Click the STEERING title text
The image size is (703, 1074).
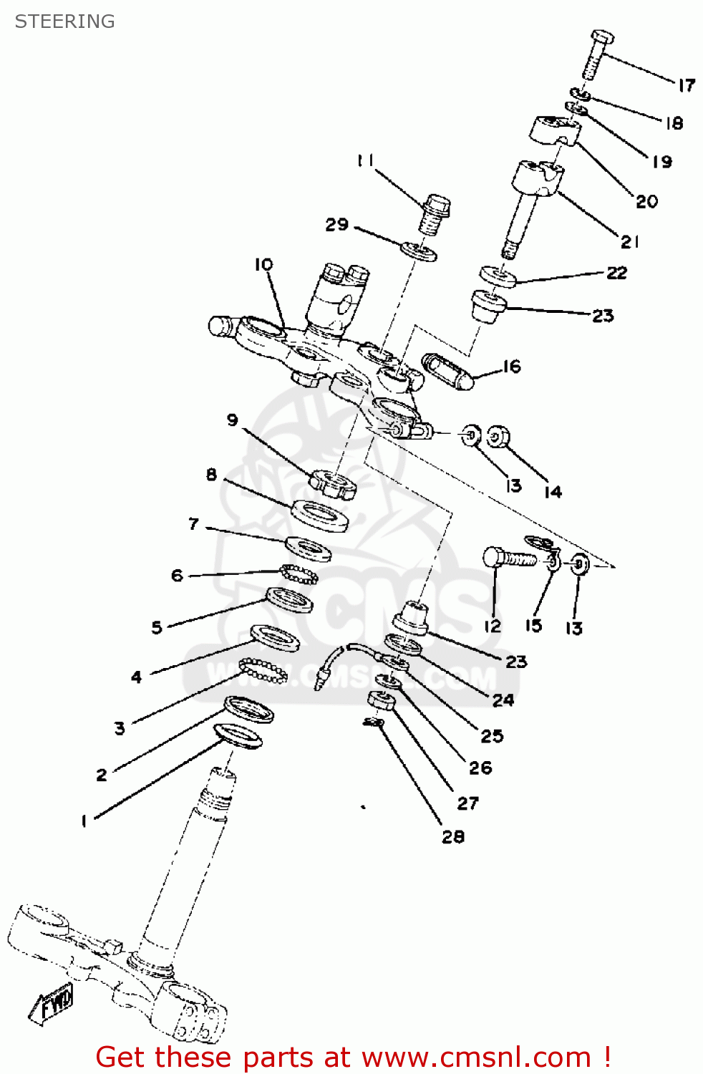point(64,21)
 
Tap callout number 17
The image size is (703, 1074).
point(686,85)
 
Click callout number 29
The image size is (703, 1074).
point(336,225)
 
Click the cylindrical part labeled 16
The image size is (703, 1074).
point(448,371)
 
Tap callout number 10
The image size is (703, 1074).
point(263,264)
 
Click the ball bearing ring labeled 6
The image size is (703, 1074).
point(299,574)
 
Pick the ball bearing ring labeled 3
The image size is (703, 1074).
point(263,671)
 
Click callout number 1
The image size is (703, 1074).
point(84,821)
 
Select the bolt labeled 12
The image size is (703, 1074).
point(509,558)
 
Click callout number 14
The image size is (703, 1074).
point(553,492)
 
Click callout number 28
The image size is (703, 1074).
point(452,836)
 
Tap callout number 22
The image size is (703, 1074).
point(616,273)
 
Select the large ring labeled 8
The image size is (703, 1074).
point(320,516)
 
